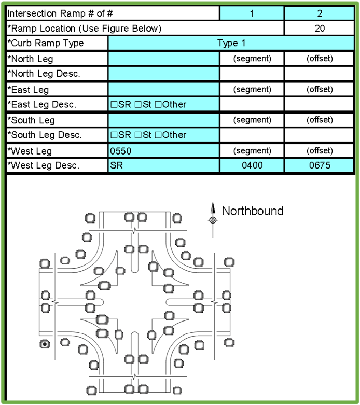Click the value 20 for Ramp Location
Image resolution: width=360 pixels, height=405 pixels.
coord(320,28)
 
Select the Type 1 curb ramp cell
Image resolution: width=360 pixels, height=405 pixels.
coord(231,43)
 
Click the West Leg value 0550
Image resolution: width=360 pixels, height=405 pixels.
coord(121,151)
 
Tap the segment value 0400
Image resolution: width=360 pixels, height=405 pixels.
coord(252,165)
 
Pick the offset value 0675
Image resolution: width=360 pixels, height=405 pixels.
coord(320,165)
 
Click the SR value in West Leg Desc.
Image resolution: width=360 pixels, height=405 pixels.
coord(116,165)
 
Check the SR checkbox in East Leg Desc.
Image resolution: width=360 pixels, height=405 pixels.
coord(114,105)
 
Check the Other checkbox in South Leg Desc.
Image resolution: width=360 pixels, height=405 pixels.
coord(158,135)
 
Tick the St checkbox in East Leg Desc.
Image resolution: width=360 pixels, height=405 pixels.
coord(138,105)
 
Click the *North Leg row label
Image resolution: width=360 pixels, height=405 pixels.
coord(30,59)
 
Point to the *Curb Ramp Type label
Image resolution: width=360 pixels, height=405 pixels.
coord(46,43)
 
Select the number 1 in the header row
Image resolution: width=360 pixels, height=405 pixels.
coord(252,13)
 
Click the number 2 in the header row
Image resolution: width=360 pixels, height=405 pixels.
coord(320,13)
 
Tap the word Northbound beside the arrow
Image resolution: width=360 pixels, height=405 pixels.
coord(253,211)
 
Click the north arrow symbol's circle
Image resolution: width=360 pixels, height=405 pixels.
coord(213,220)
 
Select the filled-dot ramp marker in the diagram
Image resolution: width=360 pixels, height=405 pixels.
coord(45,344)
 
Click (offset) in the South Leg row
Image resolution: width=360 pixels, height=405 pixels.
coord(320,120)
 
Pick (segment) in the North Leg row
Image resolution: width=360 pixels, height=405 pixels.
coord(252,59)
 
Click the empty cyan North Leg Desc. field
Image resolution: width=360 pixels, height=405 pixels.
coord(163,74)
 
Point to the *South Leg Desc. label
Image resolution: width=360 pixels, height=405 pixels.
coord(45,135)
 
